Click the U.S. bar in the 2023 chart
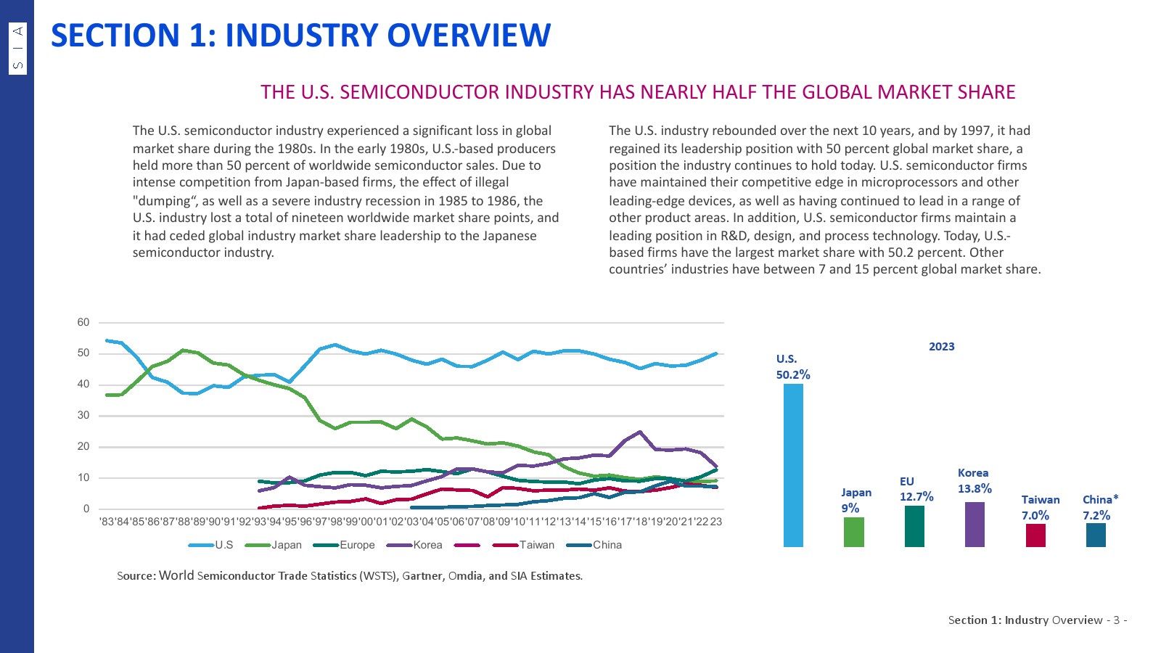click(793, 464)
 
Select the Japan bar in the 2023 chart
click(854, 532)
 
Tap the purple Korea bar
click(975, 524)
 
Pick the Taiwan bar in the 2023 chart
click(1035, 535)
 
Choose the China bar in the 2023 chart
click(1096, 535)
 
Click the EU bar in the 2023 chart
click(914, 526)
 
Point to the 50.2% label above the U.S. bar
click(793, 375)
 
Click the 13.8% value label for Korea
click(975, 489)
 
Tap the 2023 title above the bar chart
click(941, 347)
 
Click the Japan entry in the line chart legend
click(286, 545)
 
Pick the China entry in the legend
click(607, 545)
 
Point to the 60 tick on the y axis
click(83, 323)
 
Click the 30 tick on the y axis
click(83, 416)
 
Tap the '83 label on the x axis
click(107, 522)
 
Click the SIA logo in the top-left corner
click(18, 48)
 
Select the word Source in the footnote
click(136, 576)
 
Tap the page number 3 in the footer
click(1116, 620)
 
